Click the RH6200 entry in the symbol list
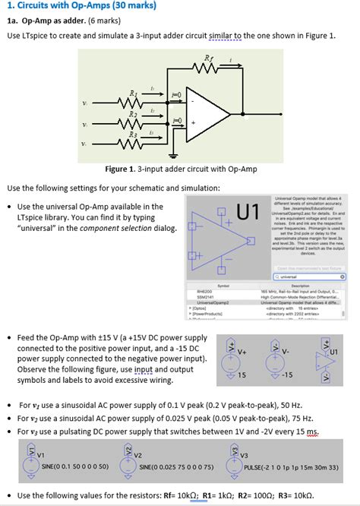point(204,290)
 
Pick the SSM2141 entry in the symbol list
point(204,296)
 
